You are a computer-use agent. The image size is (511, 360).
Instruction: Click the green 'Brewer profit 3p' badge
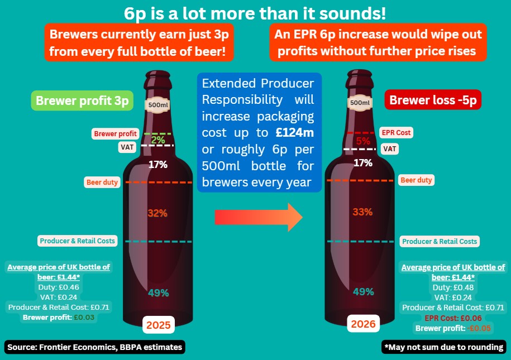click(x=82, y=100)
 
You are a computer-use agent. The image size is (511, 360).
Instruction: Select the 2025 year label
click(x=159, y=323)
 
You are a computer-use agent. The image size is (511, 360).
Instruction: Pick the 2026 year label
click(x=364, y=323)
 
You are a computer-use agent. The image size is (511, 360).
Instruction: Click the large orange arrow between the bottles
click(x=258, y=217)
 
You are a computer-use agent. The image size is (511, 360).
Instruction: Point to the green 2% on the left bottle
click(x=157, y=140)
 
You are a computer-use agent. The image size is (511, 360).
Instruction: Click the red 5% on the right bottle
click(x=363, y=141)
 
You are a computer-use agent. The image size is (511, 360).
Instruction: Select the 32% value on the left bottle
click(x=157, y=213)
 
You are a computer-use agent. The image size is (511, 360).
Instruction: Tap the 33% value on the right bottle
click(x=363, y=212)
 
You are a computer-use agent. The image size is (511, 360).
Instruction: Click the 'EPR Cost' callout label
click(x=395, y=133)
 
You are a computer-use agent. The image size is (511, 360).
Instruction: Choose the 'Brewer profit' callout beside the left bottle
click(x=116, y=134)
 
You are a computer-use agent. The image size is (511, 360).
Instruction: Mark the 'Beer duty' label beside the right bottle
click(x=416, y=180)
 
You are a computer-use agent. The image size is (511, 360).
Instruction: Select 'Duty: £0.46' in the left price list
click(x=58, y=287)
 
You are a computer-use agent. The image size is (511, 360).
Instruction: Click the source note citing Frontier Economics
click(x=94, y=347)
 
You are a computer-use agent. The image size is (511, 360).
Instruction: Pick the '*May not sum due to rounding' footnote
click(x=444, y=347)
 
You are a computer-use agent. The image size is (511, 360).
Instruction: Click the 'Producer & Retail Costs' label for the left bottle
click(x=78, y=241)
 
